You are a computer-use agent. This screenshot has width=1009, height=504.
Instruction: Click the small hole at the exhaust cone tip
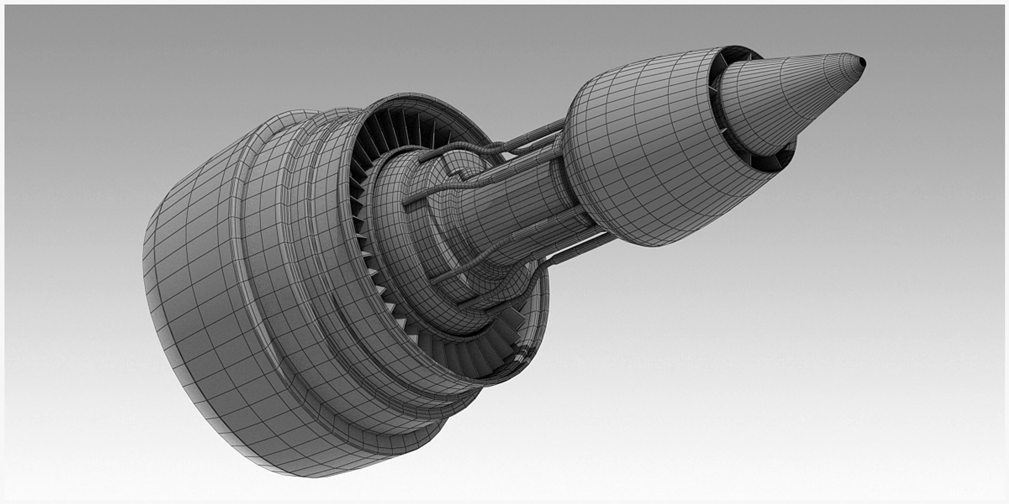(862, 62)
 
